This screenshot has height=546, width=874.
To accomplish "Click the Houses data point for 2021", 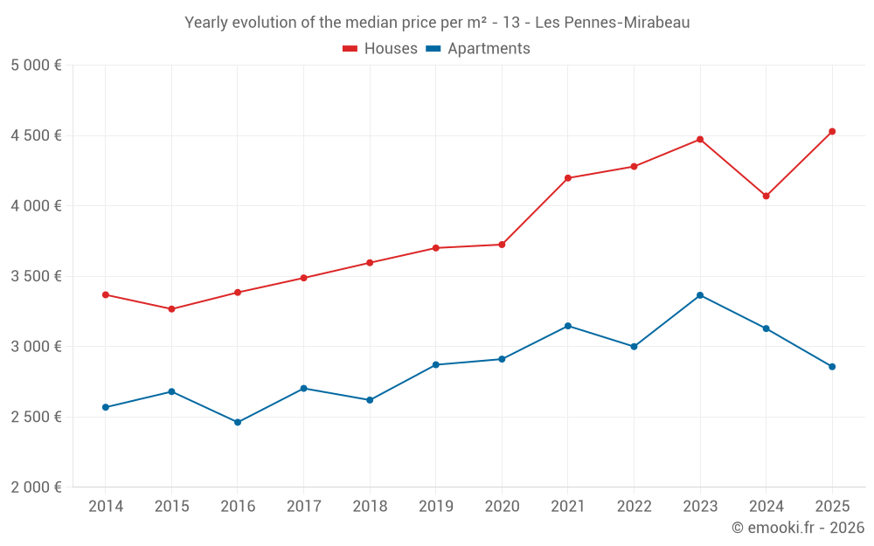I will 568,178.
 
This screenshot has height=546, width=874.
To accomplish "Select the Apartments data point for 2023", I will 700,295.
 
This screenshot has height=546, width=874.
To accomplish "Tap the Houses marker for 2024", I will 766,196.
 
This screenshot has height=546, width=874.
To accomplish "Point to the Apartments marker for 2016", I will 238,422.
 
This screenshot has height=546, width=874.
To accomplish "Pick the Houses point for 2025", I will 832,132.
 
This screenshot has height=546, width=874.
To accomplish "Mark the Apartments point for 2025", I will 832,367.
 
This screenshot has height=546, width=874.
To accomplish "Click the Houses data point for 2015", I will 171,309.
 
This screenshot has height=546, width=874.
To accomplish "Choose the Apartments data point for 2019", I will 436,364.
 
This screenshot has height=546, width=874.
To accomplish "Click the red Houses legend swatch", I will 350,49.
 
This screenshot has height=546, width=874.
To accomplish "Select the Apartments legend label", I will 489,49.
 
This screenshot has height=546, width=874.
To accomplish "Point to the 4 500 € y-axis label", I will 36,135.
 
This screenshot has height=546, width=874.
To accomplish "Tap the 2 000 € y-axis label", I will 36,487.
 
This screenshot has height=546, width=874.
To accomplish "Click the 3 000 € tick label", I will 36,347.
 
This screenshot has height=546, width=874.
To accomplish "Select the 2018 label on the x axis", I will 370,507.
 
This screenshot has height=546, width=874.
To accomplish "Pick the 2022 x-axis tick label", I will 634,507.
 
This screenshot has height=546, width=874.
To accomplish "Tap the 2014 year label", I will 106,507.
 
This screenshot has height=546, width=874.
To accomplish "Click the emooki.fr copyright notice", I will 798,528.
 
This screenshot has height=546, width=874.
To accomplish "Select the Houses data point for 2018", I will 370,263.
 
